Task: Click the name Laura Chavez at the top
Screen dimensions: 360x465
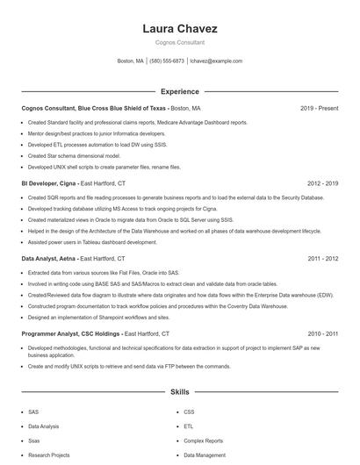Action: [179, 29]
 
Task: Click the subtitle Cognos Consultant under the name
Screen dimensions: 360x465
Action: [179, 42]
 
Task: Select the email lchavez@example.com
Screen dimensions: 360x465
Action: [216, 61]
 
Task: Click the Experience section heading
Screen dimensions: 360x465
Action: [179, 91]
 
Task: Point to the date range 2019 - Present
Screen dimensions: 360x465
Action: [319, 108]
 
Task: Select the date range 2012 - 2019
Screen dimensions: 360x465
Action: [322, 184]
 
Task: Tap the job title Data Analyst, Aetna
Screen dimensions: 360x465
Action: [49, 260]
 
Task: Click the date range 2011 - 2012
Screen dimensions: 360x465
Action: [322, 260]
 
